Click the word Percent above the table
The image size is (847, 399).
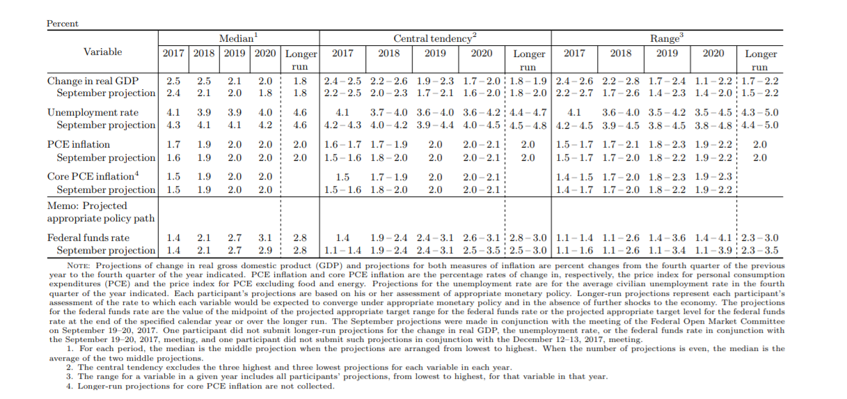click(x=62, y=24)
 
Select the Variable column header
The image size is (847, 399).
click(x=102, y=52)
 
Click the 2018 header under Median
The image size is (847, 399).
click(x=204, y=54)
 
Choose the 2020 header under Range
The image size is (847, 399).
click(x=713, y=54)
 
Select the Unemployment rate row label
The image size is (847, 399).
click(x=93, y=112)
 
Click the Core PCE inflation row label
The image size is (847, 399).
click(x=91, y=177)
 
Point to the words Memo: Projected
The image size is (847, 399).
click(x=87, y=206)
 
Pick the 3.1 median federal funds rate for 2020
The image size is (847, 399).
click(x=266, y=237)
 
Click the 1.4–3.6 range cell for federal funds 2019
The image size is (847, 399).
click(x=667, y=237)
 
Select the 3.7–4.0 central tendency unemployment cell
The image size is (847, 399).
click(x=388, y=112)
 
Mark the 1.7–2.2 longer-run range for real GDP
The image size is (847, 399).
click(x=760, y=80)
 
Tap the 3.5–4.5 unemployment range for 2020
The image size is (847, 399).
click(x=713, y=112)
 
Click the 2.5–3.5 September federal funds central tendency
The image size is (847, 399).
click(x=481, y=250)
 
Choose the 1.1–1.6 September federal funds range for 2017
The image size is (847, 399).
click(x=574, y=250)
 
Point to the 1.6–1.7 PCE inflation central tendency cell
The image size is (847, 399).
click(x=342, y=144)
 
